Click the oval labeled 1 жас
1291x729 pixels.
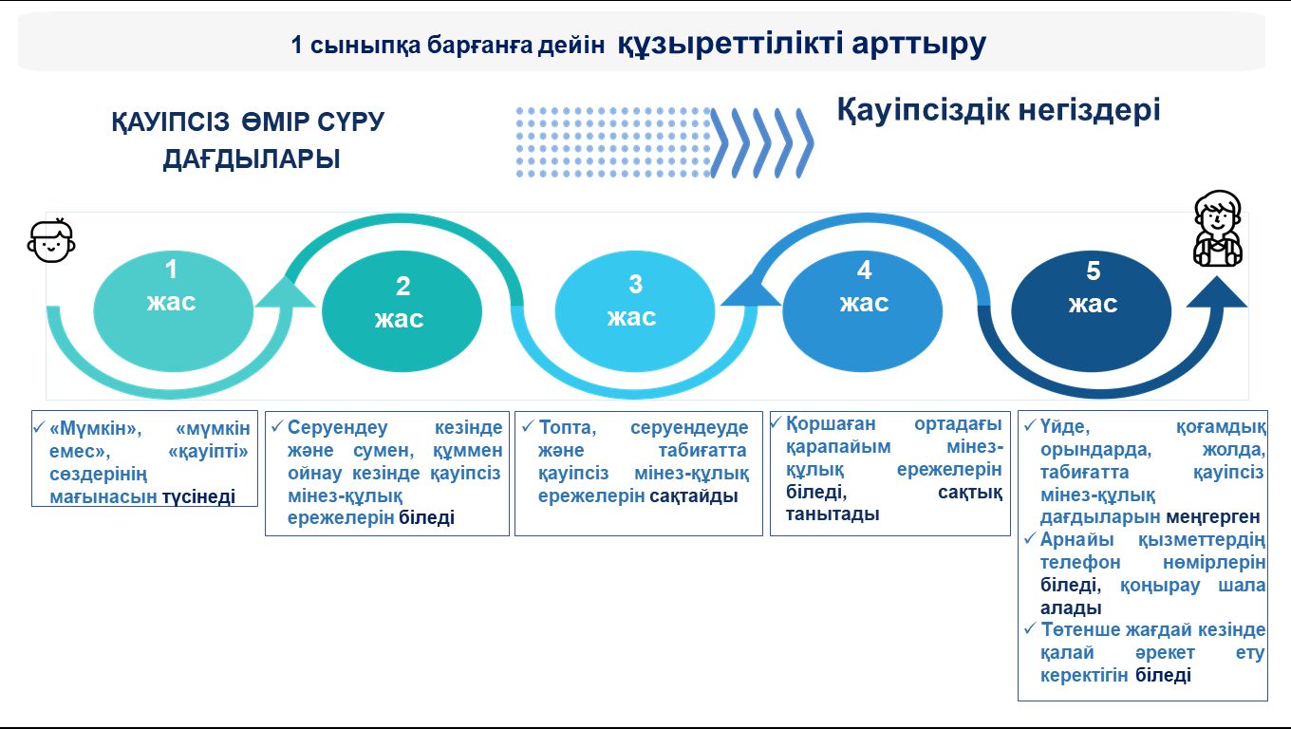pyautogui.click(x=173, y=311)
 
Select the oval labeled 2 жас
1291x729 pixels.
pyautogui.click(x=402, y=311)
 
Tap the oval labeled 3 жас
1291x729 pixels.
pyautogui.click(x=634, y=311)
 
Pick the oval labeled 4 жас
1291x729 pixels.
pyautogui.click(x=862, y=311)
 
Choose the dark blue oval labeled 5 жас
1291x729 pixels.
pyautogui.click(x=1091, y=311)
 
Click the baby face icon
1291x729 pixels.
pyautogui.click(x=51, y=240)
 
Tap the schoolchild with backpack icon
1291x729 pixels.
pyautogui.click(x=1217, y=229)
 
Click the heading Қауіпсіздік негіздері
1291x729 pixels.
pyautogui.click(x=999, y=109)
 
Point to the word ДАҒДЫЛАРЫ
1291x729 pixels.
pyautogui.click(x=252, y=159)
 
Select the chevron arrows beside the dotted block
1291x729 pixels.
pyautogui.click(x=762, y=142)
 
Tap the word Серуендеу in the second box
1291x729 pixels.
pyautogui.click(x=338, y=427)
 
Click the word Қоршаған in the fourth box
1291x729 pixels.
pyautogui.click(x=831, y=423)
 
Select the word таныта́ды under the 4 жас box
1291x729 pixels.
pyautogui.click(x=833, y=514)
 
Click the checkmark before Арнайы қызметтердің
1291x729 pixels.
pyautogui.click(x=1030, y=539)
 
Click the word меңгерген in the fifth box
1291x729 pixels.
pyautogui.click(x=1212, y=517)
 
